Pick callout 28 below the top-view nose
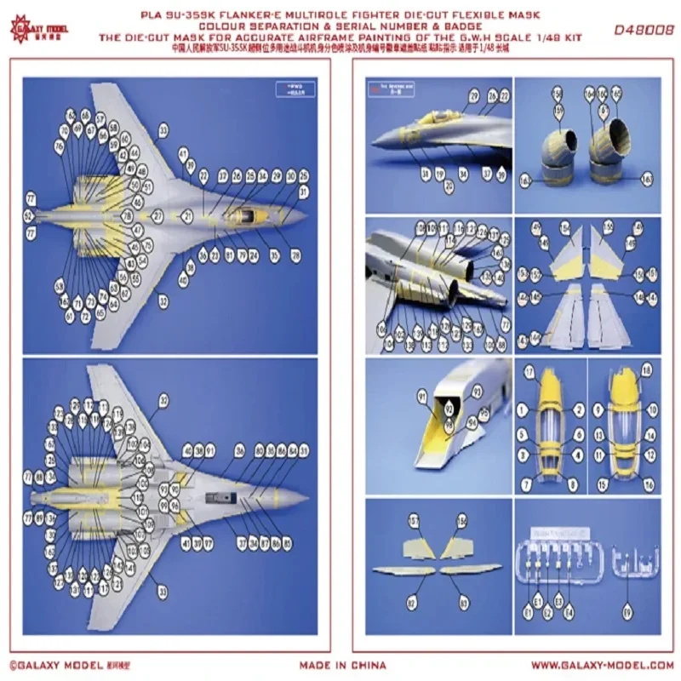point(295,255)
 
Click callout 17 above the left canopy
point(528,372)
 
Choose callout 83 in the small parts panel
point(464,601)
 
